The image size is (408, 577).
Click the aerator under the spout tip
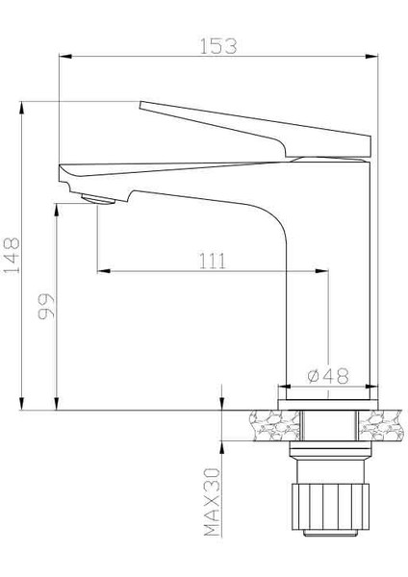(x=99, y=198)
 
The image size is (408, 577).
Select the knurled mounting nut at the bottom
(x=329, y=503)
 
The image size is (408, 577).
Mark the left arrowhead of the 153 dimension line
(x=63, y=61)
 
